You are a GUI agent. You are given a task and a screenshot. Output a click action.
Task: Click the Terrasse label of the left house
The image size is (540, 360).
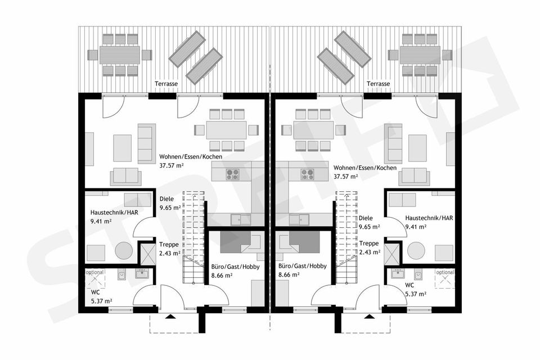166,84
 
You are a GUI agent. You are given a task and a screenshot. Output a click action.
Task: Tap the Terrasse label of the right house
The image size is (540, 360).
378,84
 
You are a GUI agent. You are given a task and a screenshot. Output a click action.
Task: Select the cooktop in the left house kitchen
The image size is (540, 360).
233,174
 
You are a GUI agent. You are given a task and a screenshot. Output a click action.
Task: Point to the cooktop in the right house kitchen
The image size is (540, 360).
307,174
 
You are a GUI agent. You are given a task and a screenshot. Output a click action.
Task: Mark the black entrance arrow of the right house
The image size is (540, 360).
370,316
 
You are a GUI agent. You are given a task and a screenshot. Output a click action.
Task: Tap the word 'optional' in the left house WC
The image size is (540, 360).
94,272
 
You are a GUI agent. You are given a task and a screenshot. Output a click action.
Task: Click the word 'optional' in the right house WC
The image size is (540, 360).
445,272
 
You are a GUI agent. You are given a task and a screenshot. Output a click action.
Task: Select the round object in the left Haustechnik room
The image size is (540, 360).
124,250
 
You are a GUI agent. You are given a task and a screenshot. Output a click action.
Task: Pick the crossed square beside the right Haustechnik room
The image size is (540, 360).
391,254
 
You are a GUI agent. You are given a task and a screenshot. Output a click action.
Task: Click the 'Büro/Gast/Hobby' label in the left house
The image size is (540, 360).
235,267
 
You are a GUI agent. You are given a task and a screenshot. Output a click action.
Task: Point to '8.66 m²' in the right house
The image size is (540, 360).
289,275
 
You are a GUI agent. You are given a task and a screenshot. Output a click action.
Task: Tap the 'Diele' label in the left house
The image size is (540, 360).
166,199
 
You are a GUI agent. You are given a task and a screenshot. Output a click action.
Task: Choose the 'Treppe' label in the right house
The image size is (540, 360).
369,244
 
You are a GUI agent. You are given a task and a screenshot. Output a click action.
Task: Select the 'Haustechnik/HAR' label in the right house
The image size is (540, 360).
429,218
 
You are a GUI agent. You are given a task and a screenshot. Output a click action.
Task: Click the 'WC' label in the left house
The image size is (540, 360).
95,292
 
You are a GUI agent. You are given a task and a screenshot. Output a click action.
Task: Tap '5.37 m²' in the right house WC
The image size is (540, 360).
416,294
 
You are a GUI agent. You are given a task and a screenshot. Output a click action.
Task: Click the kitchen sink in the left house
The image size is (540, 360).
241,219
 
